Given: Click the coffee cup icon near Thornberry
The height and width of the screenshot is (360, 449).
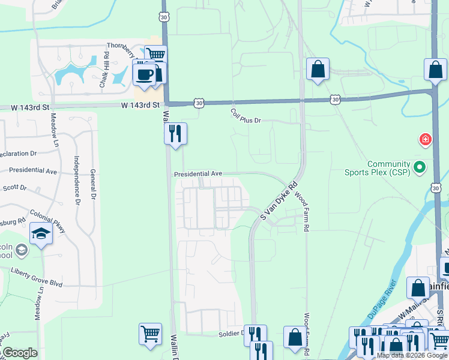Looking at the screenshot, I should [144, 74].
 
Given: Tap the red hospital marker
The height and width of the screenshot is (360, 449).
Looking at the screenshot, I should [426, 140].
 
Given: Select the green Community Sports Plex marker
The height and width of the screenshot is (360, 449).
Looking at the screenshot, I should [420, 167].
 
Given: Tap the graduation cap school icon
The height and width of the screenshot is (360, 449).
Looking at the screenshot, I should [40, 234].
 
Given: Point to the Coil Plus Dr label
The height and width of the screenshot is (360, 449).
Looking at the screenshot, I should [246, 116].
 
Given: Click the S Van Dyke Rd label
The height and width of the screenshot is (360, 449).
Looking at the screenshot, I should [277, 200].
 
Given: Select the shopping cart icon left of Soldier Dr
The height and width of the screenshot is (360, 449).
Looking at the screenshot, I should [150, 334].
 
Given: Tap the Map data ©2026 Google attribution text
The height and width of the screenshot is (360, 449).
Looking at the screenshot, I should [411, 356].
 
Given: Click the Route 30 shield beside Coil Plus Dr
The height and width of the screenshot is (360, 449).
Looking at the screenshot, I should [199, 103].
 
